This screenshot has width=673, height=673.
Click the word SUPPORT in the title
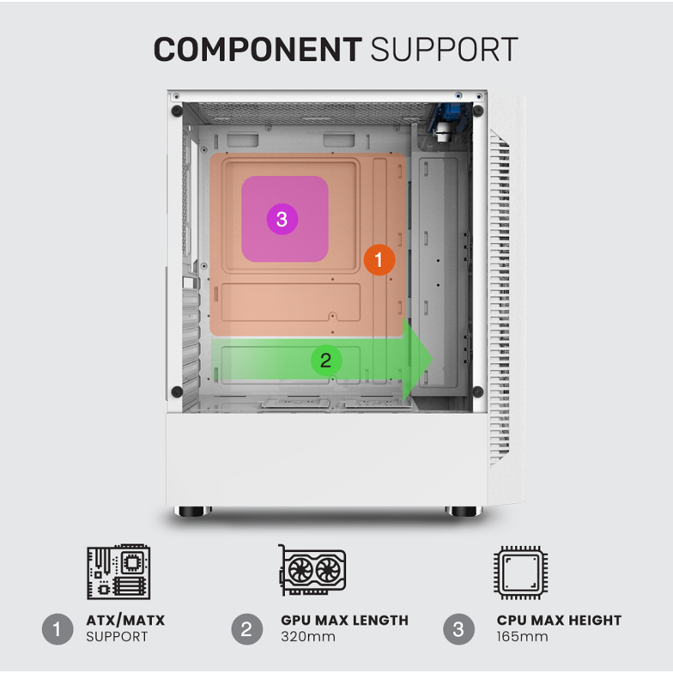[x=444, y=50]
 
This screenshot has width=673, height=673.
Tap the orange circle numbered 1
[x=379, y=259]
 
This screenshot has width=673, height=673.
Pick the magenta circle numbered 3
[x=282, y=219]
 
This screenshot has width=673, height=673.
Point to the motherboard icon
[x=118, y=571]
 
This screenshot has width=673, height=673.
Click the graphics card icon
[x=312, y=571]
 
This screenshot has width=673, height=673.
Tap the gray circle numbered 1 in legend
[x=58, y=629]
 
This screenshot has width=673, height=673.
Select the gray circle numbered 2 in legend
[x=247, y=629]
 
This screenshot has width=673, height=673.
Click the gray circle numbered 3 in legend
[x=458, y=629]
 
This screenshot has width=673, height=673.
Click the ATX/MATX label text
[x=125, y=620]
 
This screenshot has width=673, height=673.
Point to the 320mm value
[x=306, y=637]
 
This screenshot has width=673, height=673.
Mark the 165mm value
[x=522, y=637]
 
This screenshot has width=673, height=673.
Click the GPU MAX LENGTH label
[x=344, y=620]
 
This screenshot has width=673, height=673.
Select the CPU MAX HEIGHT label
[x=559, y=620]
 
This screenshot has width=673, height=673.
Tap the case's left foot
[x=192, y=512]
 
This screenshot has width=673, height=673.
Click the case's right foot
[x=464, y=512]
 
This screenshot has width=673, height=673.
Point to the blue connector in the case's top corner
[x=448, y=115]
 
